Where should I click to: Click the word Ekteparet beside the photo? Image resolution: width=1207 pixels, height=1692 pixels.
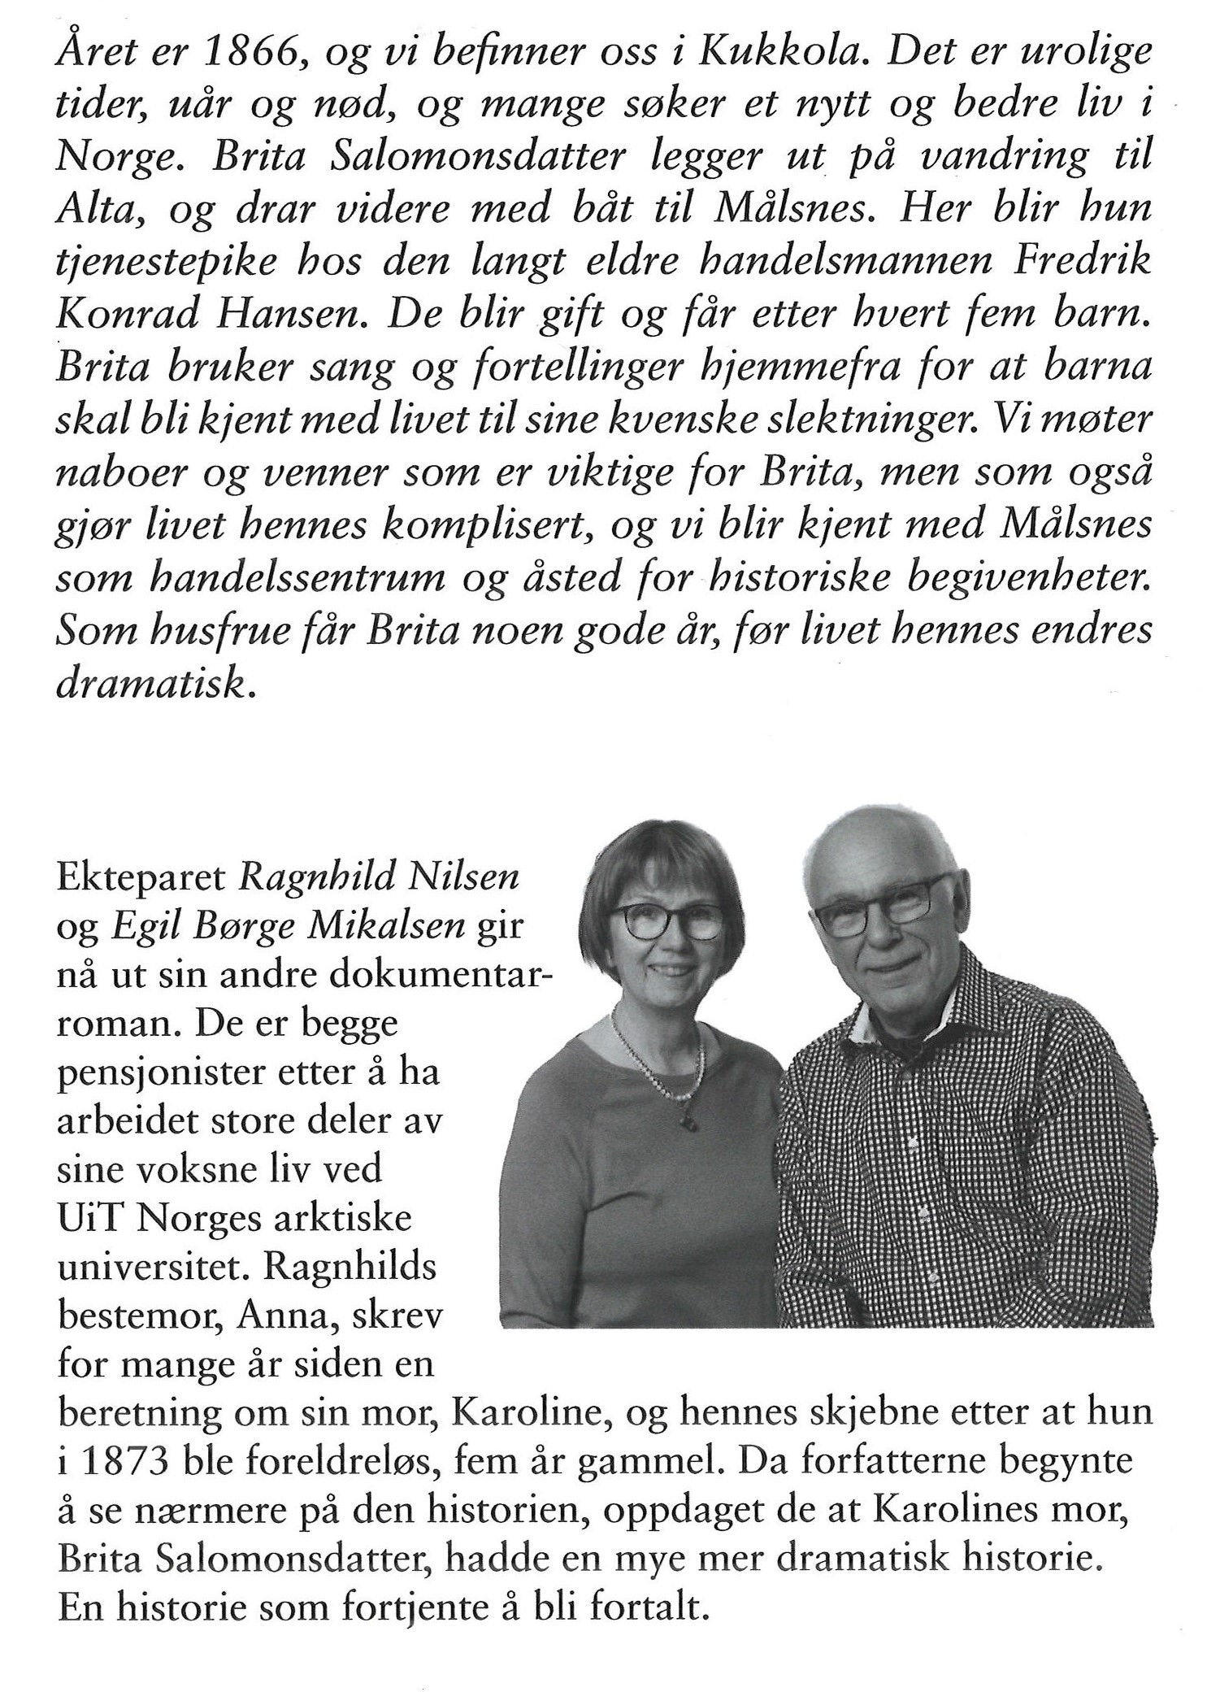pyautogui.click(x=143, y=879)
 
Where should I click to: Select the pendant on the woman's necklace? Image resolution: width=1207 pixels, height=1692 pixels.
pyautogui.click(x=684, y=1122)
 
